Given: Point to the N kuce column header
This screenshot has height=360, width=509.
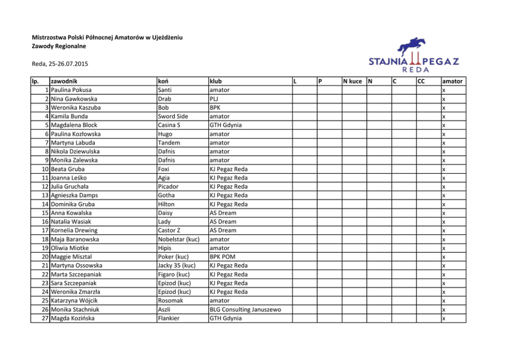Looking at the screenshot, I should [353, 81].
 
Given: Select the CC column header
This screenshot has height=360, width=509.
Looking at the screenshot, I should [422, 81].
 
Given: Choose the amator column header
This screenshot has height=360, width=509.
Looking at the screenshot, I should [452, 81].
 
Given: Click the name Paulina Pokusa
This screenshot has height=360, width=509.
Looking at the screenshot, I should [71, 90].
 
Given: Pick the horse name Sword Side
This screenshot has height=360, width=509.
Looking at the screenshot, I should [173, 116].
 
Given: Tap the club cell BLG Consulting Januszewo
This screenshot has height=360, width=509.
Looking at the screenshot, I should [245, 310].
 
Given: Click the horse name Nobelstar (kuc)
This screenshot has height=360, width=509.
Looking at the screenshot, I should [179, 239].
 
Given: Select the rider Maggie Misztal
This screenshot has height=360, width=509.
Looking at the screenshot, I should [71, 257].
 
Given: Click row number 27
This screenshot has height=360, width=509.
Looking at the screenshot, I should [45, 318].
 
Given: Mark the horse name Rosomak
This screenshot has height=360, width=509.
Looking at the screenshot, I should [170, 301].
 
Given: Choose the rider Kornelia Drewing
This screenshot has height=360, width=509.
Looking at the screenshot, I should [74, 231].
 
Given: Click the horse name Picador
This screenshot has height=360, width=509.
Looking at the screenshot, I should [169, 187].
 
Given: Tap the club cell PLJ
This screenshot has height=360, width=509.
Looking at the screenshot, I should [213, 98].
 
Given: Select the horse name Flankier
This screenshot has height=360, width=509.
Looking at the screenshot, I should [169, 318].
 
